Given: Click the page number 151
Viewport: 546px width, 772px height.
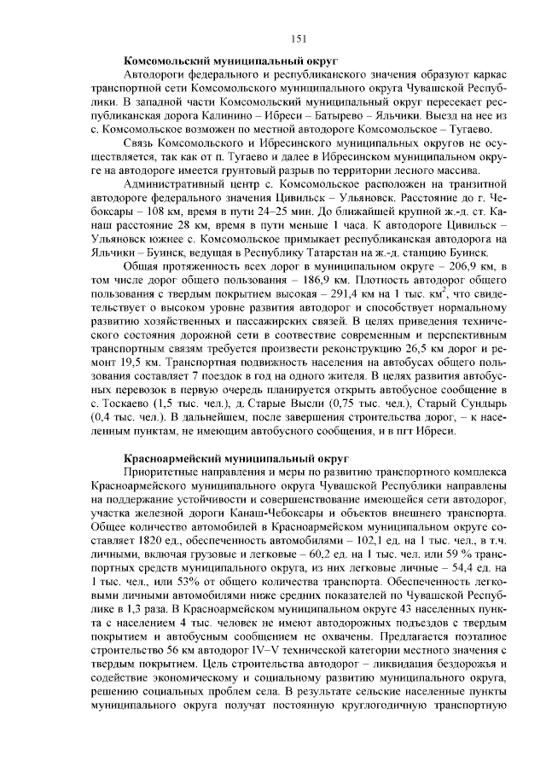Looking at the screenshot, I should pos(298,37).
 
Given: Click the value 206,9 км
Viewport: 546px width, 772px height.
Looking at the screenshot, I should pos(464,266).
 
